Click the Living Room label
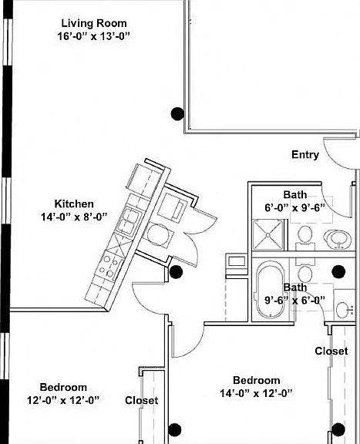pyautogui.click(x=94, y=23)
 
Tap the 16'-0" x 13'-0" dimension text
pyautogui.click(x=94, y=36)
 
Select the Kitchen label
pyautogui.click(x=74, y=203)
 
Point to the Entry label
pyautogui.click(x=305, y=155)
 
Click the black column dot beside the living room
pyautogui.click(x=177, y=113)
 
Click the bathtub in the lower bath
pyautogui.click(x=271, y=291)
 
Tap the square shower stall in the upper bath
pyautogui.click(x=267, y=235)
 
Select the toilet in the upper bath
pyautogui.click(x=305, y=238)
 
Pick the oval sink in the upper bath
pyautogui.click(x=338, y=239)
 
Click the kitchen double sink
pyautogui.click(x=128, y=221)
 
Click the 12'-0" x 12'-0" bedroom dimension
pyautogui.click(x=63, y=400)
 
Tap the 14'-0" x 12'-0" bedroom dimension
pyautogui.click(x=257, y=393)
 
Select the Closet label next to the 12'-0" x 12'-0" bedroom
pyautogui.click(x=141, y=400)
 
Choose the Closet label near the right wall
pyautogui.click(x=331, y=351)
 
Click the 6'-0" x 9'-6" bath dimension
pyautogui.click(x=294, y=208)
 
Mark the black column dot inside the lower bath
pyautogui.click(x=338, y=271)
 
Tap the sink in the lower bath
pyautogui.click(x=344, y=310)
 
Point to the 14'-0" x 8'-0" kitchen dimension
pyautogui.click(x=74, y=217)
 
